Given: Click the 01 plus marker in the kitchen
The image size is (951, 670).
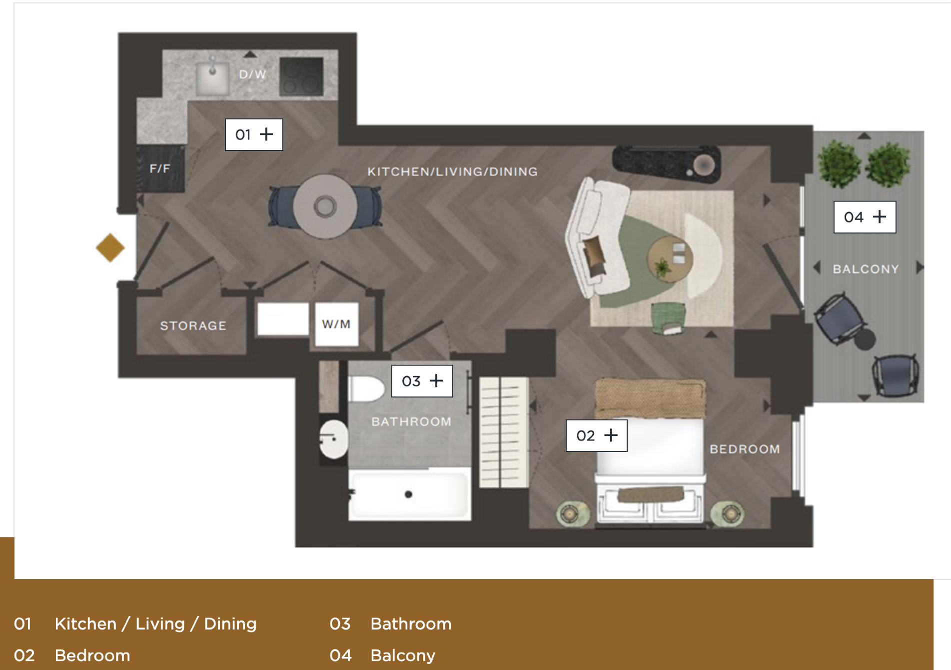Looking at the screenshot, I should click(x=254, y=134).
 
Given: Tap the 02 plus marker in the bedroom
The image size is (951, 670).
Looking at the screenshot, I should click(x=596, y=435).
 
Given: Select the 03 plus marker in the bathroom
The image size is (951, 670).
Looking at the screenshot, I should click(x=422, y=381).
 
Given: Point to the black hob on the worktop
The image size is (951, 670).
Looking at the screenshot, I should click(x=301, y=76).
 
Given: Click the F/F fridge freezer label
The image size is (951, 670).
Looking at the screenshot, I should click(x=160, y=169).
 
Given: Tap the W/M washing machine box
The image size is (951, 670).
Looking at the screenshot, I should click(x=336, y=324).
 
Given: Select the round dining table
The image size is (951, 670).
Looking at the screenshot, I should click(x=325, y=206).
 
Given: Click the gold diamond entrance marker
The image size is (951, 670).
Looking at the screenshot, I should click(x=110, y=247).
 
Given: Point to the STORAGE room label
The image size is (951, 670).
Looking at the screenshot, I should click(x=193, y=326).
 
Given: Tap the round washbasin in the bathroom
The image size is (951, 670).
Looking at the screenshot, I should click(x=333, y=439).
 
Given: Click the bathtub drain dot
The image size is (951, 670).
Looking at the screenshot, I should click(x=408, y=494).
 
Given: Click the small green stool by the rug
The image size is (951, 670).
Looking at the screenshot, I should click(x=668, y=317).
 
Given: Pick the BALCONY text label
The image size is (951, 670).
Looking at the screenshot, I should click(x=866, y=269).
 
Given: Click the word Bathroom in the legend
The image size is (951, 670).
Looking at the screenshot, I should click(x=410, y=624).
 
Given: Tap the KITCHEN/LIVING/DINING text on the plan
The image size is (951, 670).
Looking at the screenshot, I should click(x=452, y=172).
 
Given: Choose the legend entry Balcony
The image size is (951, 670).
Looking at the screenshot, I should click(x=402, y=655).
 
